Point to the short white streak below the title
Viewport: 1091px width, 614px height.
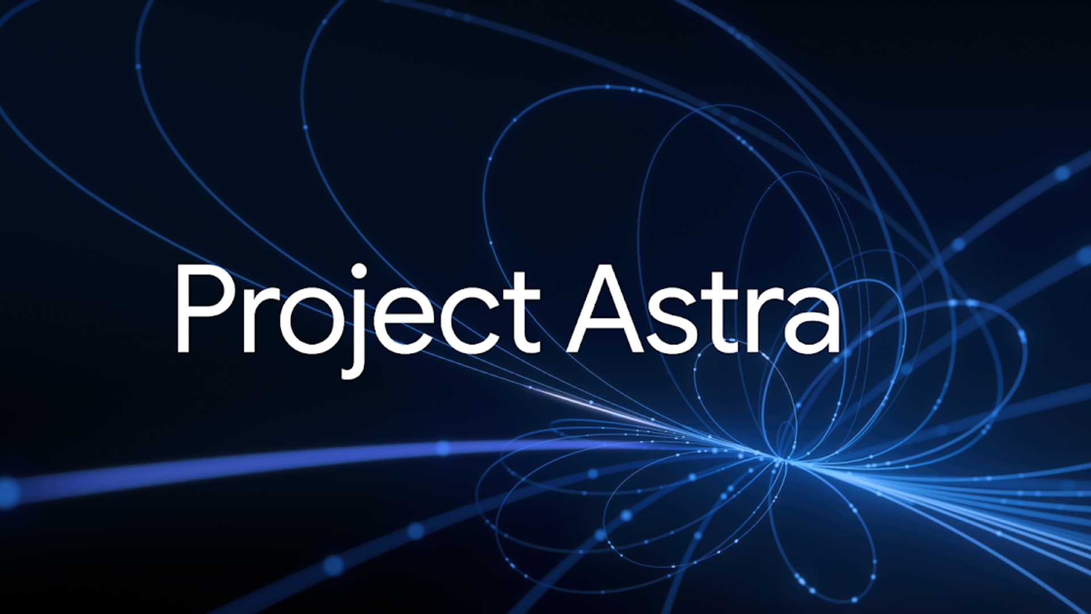tap(568, 398)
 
